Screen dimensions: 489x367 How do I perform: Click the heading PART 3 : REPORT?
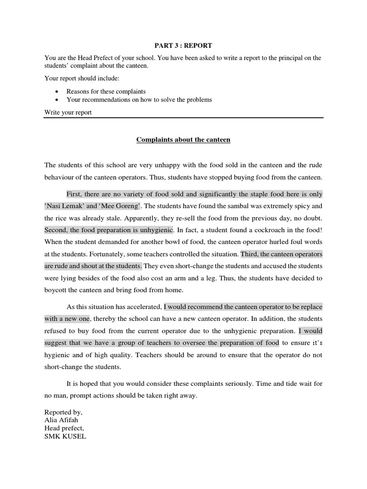pyautogui.click(x=183, y=45)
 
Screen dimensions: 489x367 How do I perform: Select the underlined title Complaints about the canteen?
pyautogui.click(x=183, y=140)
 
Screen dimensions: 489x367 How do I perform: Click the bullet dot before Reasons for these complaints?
pyautogui.click(x=57, y=91)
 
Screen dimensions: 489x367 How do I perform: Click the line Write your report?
pyautogui.click(x=68, y=113)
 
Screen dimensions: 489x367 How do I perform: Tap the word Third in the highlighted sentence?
pyautogui.click(x=250, y=254)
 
